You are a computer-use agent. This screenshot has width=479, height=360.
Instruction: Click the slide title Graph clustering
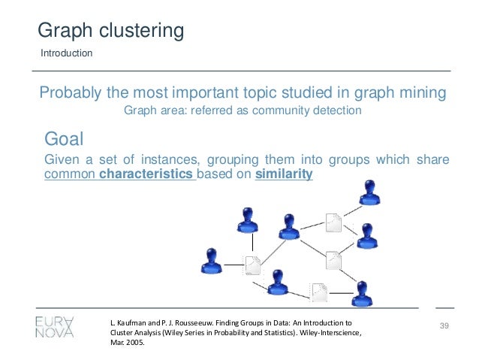click(x=111, y=31)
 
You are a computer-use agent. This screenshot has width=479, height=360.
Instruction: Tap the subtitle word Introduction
click(x=66, y=53)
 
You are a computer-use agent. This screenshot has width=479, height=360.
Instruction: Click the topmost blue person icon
click(x=369, y=192)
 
